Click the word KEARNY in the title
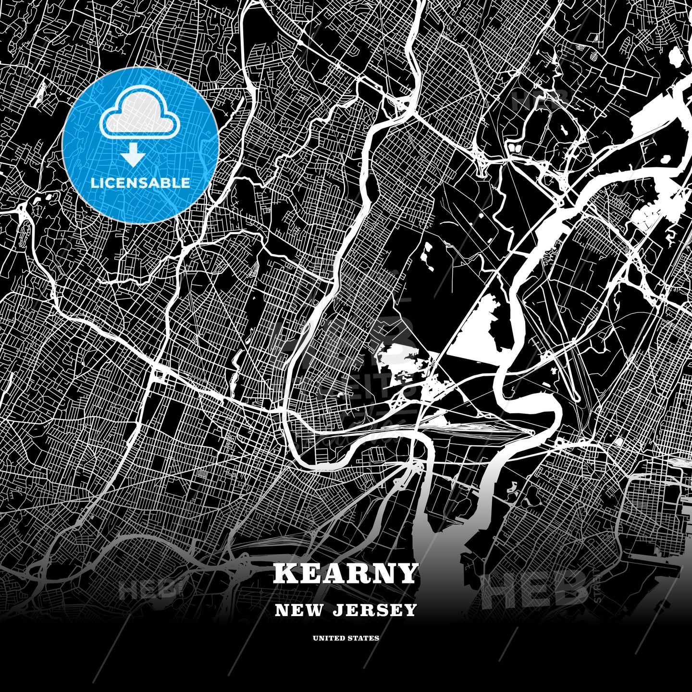346,573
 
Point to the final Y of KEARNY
407,573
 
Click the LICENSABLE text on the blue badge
141,183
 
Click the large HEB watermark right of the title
533,589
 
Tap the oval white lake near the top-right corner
675,59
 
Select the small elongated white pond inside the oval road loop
562,125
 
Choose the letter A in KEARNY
334,573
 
